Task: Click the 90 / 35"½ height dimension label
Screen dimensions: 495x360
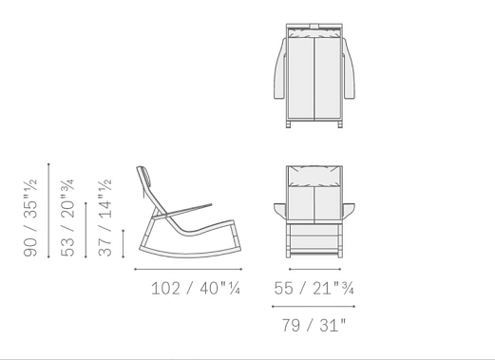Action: tap(30, 218)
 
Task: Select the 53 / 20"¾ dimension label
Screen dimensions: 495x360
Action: tap(67, 218)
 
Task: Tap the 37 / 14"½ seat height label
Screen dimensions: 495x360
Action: tap(105, 218)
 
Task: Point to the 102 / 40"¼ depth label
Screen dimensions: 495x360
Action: tap(196, 289)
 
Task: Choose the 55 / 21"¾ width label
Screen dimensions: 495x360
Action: tap(314, 289)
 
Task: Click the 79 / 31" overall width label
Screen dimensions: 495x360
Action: tap(314, 325)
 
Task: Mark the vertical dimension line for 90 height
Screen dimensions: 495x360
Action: tap(48, 211)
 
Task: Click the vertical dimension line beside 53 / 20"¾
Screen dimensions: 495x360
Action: tap(86, 230)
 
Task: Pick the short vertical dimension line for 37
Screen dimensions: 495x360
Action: tap(124, 244)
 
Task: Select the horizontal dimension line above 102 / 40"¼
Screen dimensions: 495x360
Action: tap(188, 269)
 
